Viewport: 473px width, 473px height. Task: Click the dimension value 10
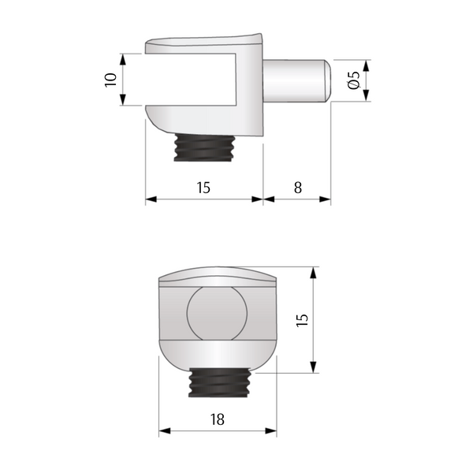[110, 80]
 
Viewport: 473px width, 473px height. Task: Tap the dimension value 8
[297, 188]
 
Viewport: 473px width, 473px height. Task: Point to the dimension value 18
[218, 419]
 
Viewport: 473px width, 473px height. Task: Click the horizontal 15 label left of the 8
[203, 188]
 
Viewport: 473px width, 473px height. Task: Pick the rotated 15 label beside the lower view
[302, 319]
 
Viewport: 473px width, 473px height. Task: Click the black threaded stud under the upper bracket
[203, 147]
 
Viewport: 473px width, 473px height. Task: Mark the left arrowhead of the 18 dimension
[164, 431]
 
